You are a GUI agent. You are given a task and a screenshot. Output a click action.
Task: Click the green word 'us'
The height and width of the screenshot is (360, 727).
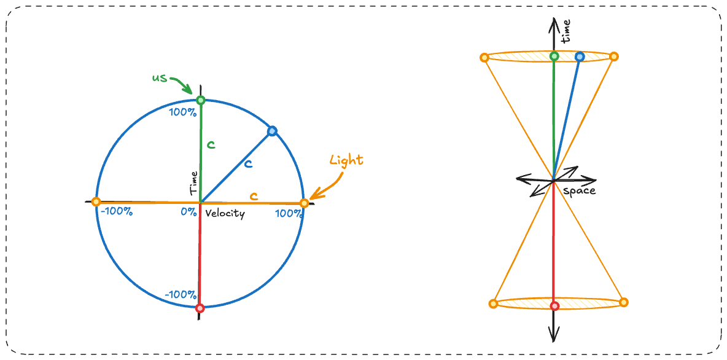159,78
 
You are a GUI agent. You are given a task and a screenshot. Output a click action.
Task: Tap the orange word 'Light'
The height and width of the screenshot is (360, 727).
346,160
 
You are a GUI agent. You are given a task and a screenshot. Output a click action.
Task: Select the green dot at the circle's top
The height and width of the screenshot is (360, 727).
200,100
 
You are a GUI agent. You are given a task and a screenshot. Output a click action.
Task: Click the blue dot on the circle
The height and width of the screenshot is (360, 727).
273,131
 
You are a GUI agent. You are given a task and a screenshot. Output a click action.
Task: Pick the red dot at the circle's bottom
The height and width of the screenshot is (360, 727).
199,308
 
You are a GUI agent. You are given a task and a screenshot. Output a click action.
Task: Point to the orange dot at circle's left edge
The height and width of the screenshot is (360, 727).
95,202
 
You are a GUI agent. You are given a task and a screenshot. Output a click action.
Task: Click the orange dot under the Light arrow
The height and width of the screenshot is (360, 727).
303,203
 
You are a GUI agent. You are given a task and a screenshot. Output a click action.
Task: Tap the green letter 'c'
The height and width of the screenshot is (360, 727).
211,145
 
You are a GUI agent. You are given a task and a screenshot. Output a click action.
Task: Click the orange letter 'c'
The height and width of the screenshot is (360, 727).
253,196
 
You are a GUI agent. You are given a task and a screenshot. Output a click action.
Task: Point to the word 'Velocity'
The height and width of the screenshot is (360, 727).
225,214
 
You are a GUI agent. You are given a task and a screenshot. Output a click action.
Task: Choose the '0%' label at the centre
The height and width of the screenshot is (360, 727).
189,212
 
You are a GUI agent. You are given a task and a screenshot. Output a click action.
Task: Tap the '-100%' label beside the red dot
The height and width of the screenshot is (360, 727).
180,294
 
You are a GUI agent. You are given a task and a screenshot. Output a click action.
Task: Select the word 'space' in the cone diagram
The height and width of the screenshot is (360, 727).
579,191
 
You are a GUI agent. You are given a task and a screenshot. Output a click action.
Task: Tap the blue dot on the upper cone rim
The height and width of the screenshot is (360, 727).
579,57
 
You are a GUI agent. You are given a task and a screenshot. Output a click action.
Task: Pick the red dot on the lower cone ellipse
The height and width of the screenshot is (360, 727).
554,305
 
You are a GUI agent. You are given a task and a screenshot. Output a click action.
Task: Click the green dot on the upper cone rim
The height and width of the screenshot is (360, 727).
554,57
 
